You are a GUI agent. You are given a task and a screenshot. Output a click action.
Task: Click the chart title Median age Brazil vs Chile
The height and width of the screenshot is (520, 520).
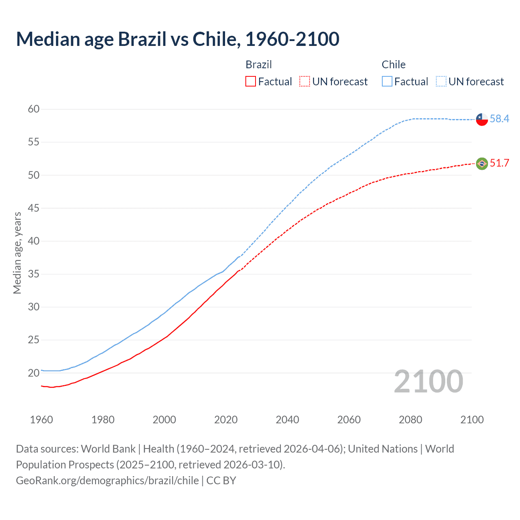coord(178,39)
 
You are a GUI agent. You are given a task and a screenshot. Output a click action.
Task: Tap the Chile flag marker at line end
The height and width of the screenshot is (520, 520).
coord(481,119)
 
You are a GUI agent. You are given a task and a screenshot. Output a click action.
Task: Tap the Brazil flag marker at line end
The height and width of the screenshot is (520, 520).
coord(481,163)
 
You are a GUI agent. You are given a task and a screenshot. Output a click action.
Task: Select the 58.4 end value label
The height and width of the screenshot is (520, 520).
coord(499,119)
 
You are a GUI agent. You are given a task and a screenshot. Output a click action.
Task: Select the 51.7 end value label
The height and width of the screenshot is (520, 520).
coord(499,163)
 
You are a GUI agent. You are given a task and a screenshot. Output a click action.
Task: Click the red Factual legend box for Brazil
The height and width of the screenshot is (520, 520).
coord(251,82)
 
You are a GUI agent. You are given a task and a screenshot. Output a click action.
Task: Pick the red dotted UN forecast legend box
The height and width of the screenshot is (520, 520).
coord(305,82)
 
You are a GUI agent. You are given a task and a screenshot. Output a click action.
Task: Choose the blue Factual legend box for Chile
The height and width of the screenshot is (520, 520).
coord(387,82)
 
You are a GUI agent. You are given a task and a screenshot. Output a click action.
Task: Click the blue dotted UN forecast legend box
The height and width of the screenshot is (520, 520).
coord(441,82)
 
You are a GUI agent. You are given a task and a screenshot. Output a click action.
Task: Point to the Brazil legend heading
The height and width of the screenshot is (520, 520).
coord(258,65)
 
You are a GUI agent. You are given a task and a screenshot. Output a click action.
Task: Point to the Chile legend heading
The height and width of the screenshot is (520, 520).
coord(393,65)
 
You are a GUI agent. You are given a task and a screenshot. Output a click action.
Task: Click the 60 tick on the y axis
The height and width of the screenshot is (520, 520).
coord(34,109)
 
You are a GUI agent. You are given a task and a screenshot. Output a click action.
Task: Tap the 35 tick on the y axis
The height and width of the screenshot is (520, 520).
coord(34,274)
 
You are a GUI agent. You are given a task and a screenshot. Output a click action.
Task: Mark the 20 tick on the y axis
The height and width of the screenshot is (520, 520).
coord(34,373)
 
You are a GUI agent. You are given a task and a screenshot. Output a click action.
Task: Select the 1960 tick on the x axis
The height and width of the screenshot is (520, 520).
coord(41,420)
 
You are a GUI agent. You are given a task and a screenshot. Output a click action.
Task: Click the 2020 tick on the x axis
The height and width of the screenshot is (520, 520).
coord(226,420)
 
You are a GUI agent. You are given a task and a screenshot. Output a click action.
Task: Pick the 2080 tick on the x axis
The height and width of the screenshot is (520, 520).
coord(410,420)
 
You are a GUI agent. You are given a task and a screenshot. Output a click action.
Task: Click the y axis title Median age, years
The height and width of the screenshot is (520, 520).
coord(17,253)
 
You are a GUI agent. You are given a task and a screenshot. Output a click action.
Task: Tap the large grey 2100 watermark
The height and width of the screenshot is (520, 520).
coord(429,381)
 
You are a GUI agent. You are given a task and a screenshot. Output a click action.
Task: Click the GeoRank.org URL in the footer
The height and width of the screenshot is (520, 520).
coord(107,480)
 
